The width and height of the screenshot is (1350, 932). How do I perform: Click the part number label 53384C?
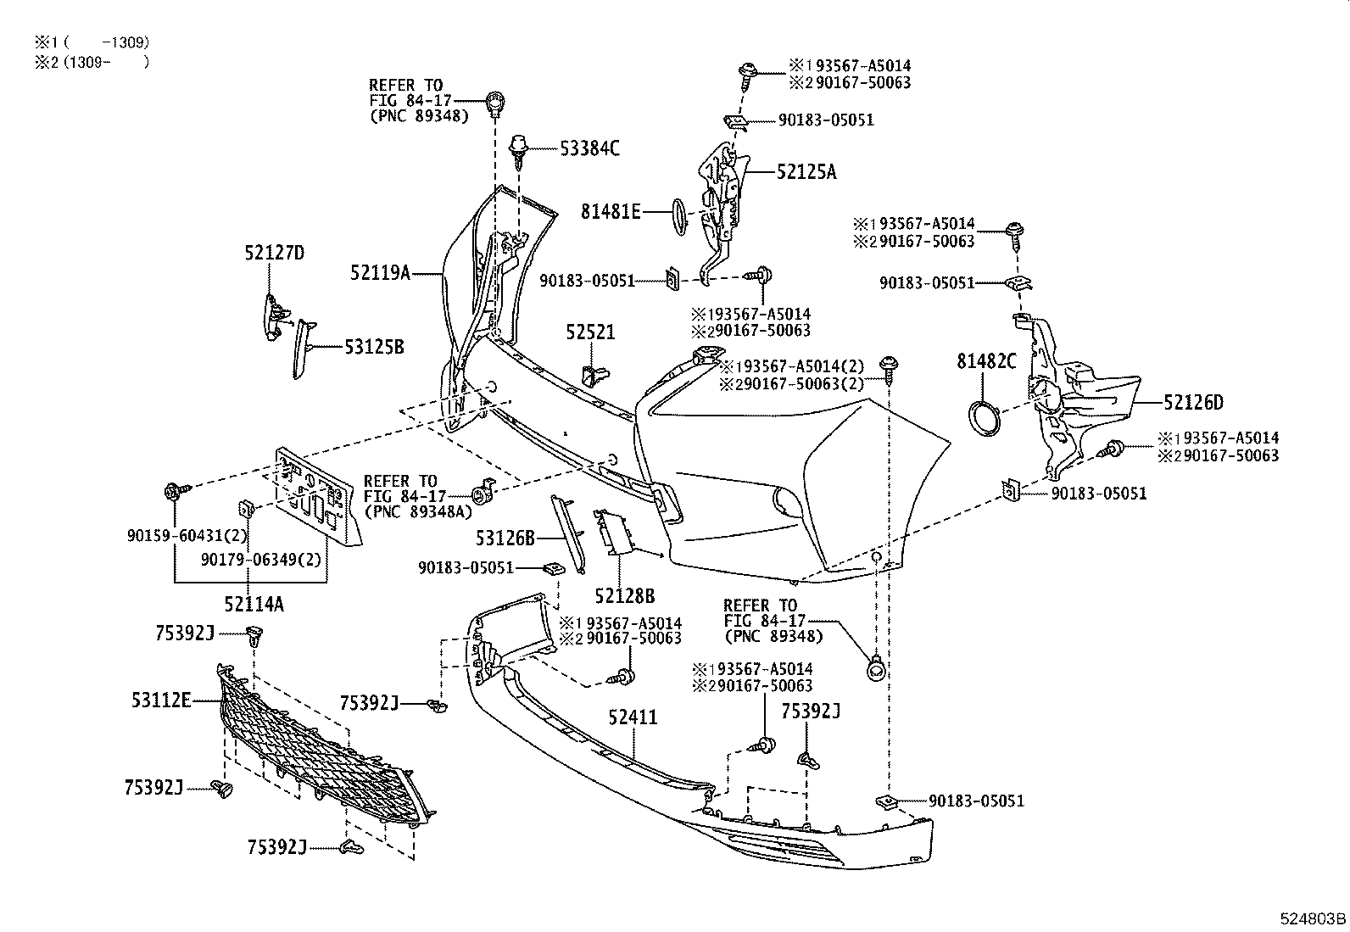tap(589, 148)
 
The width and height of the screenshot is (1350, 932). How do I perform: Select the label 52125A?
tap(806, 172)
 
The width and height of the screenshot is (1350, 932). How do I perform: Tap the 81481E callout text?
tap(611, 212)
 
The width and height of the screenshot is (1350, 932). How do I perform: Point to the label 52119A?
tap(380, 273)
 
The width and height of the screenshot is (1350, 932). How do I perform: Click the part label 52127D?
tap(274, 253)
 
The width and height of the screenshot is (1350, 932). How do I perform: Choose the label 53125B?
tap(374, 347)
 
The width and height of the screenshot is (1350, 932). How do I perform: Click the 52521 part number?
tap(590, 332)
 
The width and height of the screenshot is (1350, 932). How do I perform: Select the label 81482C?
tap(986, 362)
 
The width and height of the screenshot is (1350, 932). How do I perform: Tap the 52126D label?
tap(1193, 403)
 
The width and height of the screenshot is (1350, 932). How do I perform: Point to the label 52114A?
tap(254, 604)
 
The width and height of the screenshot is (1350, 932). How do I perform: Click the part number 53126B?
tap(505, 539)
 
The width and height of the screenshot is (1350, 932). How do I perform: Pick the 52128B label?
tap(624, 596)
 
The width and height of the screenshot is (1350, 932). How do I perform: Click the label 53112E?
tap(161, 700)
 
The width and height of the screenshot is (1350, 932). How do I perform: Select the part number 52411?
tap(633, 717)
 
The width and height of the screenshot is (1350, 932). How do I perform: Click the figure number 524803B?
tap(1314, 918)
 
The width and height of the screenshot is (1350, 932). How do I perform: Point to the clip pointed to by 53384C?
tap(517, 151)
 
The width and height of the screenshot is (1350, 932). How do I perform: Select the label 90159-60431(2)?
tap(187, 535)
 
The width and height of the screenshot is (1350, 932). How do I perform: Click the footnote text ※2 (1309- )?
tap(92, 62)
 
